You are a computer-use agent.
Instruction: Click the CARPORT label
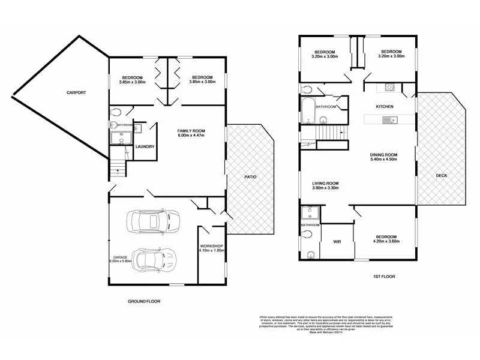click(x=76, y=92)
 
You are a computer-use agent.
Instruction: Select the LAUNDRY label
click(x=146, y=146)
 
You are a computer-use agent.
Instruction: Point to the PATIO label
click(x=250, y=177)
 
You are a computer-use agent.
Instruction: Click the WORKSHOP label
click(x=211, y=246)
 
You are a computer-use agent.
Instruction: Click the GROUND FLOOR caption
click(x=144, y=301)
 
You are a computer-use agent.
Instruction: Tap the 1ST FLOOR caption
click(x=384, y=277)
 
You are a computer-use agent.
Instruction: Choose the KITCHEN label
click(x=385, y=106)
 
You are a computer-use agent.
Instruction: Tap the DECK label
click(x=441, y=175)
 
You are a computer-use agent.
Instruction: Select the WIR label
click(x=337, y=242)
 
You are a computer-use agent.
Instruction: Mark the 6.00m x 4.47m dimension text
click(x=191, y=136)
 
